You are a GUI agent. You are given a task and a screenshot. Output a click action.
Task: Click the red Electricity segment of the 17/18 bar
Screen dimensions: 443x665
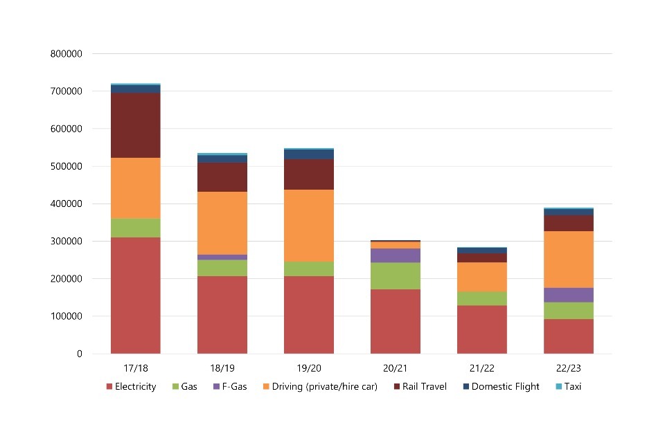point(136,296)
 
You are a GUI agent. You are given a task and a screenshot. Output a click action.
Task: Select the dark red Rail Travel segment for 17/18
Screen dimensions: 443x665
point(136,125)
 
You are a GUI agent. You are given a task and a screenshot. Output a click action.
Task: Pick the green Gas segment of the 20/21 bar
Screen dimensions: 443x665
point(396,275)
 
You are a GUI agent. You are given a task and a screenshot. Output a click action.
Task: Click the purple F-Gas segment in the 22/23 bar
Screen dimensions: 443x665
point(569,295)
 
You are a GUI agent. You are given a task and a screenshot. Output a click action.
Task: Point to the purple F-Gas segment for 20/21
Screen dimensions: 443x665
point(396,255)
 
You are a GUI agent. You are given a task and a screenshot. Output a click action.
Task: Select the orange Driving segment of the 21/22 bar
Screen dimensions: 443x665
point(482,277)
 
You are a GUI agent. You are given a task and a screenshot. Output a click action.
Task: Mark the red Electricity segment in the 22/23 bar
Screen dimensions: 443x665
point(569,336)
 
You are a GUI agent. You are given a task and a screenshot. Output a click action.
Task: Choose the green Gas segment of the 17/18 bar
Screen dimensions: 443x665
point(136,228)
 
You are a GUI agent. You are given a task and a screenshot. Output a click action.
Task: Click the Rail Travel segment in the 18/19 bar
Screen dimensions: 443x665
point(222,177)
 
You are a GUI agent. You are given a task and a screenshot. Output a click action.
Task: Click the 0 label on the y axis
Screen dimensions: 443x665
point(79,354)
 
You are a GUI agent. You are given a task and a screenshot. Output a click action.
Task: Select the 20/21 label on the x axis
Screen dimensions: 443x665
point(396,368)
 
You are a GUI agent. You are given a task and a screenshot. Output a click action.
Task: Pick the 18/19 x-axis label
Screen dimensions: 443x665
point(222,368)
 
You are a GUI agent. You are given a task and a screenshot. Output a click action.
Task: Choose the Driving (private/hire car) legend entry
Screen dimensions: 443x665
point(319,387)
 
